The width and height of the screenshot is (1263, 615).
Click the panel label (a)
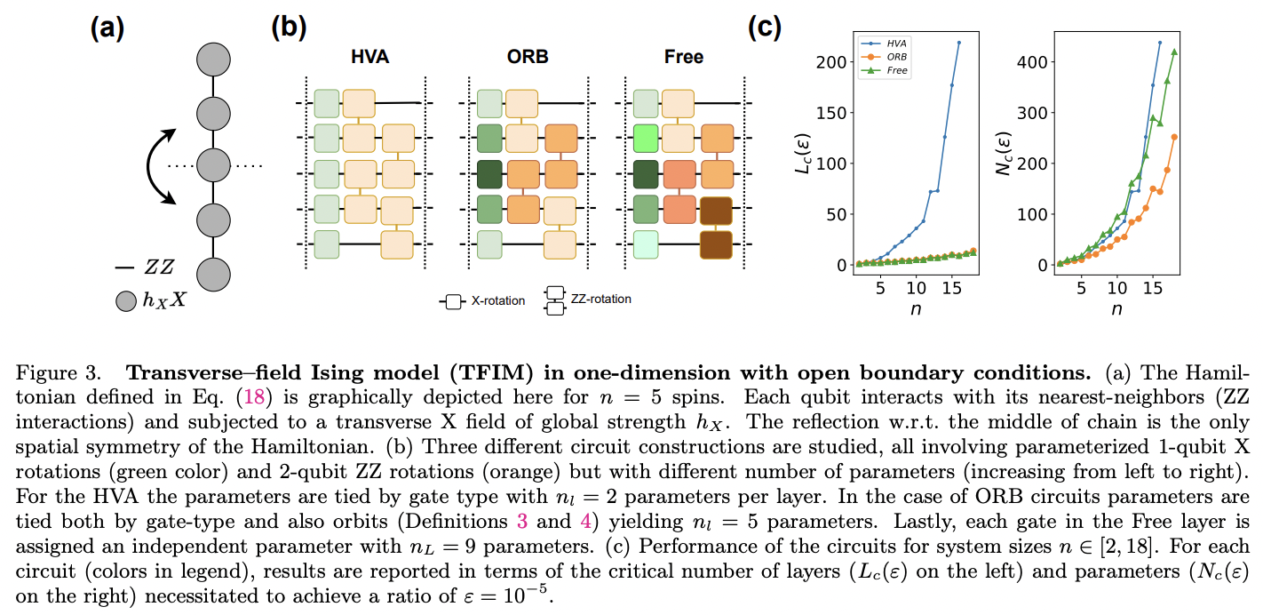tap(107, 28)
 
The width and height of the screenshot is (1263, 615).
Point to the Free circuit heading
tap(683, 57)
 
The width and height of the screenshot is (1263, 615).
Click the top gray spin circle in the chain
tap(213, 60)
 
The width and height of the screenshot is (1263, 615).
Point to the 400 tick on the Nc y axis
tap(1036, 62)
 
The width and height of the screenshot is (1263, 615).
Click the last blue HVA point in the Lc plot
tap(958, 42)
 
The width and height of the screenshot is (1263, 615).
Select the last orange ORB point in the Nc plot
tap(1174, 137)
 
